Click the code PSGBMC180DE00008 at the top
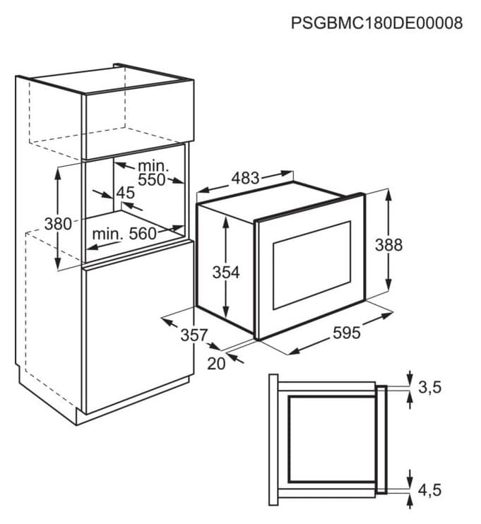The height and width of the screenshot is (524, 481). click(x=376, y=23)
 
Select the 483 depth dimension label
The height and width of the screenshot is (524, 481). click(x=245, y=178)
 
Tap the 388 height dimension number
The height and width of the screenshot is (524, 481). click(x=388, y=245)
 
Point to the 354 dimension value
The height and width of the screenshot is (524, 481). click(x=226, y=273)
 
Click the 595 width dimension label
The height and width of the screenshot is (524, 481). click(x=347, y=333)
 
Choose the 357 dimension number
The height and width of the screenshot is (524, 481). click(x=194, y=335)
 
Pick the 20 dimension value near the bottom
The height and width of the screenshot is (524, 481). click(x=216, y=364)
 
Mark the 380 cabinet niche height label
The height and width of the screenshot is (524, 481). click(x=58, y=224)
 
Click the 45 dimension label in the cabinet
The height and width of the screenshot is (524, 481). click(x=126, y=193)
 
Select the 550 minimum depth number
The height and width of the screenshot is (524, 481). click(x=152, y=180)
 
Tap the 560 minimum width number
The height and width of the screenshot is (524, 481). click(x=143, y=234)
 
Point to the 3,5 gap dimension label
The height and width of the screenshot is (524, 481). click(x=430, y=387)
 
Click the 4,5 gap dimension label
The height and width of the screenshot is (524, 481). click(x=430, y=490)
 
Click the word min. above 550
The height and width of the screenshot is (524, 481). click(x=153, y=166)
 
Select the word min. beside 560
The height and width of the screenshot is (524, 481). click(x=107, y=234)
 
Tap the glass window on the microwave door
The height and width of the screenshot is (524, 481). click(x=312, y=265)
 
